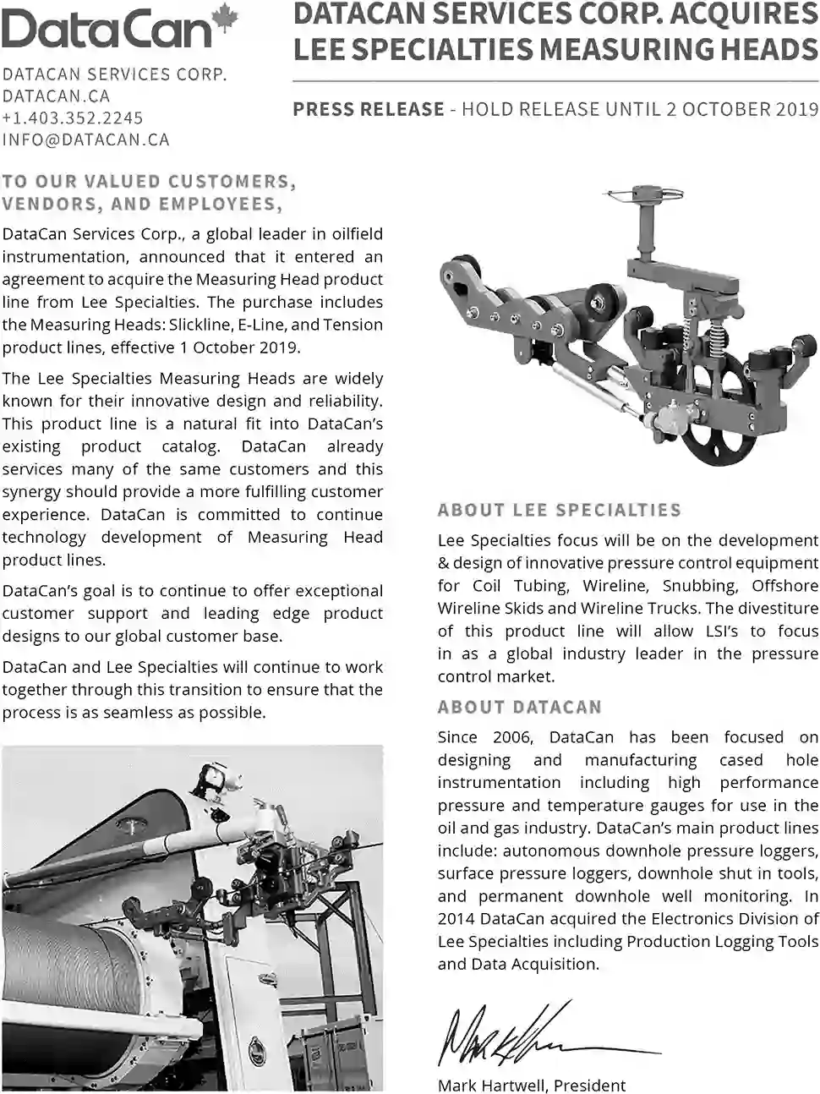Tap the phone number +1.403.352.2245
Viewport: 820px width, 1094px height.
pyautogui.click(x=73, y=118)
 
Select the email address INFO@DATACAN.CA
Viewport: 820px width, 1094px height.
pyautogui.click(x=85, y=140)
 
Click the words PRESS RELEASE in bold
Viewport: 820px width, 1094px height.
pyautogui.click(x=369, y=109)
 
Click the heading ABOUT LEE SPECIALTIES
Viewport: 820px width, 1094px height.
pyautogui.click(x=559, y=511)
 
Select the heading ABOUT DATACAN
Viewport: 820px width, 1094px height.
pyautogui.click(x=520, y=708)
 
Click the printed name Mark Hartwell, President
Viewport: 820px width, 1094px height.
pyautogui.click(x=532, y=1086)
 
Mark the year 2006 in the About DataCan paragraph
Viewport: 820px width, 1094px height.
pyautogui.click(x=510, y=737)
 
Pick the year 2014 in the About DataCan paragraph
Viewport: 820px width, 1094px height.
pyautogui.click(x=456, y=919)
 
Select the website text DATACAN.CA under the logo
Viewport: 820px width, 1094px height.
pyautogui.click(x=56, y=96)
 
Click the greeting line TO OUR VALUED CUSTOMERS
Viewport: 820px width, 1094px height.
pyautogui.click(x=149, y=182)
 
